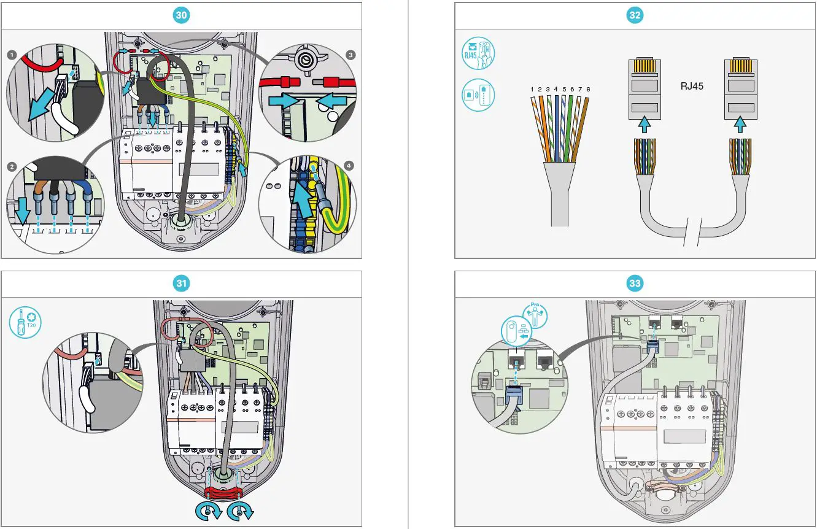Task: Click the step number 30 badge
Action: pyautogui.click(x=181, y=16)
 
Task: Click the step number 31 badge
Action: pyautogui.click(x=181, y=283)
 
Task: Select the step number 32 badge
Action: pyautogui.click(x=635, y=16)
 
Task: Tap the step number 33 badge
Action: pyautogui.click(x=635, y=283)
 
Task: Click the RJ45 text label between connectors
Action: pyautogui.click(x=692, y=87)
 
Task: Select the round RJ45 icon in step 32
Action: pyautogui.click(x=477, y=55)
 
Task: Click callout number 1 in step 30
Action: pyautogui.click(x=12, y=55)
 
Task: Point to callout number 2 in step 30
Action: pyautogui.click(x=12, y=166)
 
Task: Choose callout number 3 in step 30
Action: pyautogui.click(x=350, y=55)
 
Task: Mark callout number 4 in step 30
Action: pyautogui.click(x=350, y=166)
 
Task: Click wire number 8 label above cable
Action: pyautogui.click(x=587, y=90)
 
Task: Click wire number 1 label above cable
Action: pyautogui.click(x=532, y=90)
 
